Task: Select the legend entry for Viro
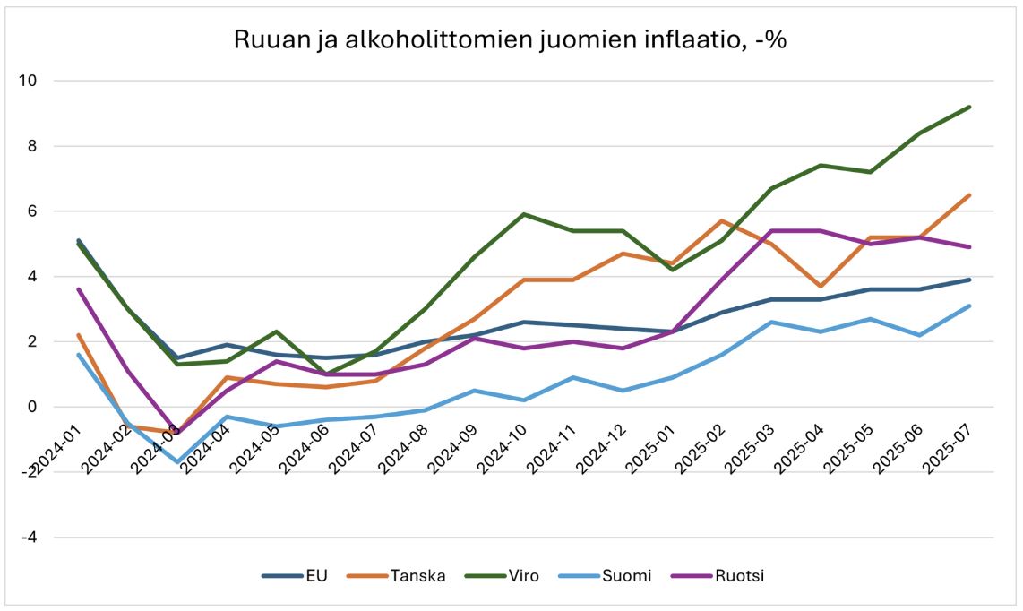(524, 575)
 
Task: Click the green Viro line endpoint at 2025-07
(970, 108)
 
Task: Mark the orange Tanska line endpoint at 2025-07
(970, 195)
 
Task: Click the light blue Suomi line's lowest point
(177, 462)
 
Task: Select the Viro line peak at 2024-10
(523, 214)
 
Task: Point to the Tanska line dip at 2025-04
(821, 287)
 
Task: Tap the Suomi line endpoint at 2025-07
(970, 306)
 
